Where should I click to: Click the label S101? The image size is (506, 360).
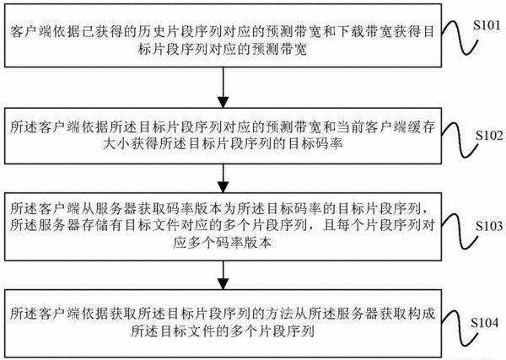(x=487, y=25)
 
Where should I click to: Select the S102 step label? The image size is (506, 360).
(x=489, y=136)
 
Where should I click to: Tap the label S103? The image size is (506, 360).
(x=489, y=226)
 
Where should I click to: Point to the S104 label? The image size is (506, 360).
(x=484, y=322)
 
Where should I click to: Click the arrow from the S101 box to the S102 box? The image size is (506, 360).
(x=223, y=88)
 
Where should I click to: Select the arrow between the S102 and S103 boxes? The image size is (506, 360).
(x=223, y=179)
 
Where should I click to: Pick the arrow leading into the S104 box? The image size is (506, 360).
(x=223, y=275)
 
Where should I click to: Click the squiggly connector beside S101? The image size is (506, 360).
(x=460, y=38)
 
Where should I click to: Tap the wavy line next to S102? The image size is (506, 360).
(x=460, y=140)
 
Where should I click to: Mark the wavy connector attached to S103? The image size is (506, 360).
(x=460, y=231)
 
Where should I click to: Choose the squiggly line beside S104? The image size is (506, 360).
(x=460, y=328)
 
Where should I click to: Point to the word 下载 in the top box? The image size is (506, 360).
(x=351, y=31)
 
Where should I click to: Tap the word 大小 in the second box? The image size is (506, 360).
(x=117, y=144)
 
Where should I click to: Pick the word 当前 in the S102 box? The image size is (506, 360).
(x=351, y=127)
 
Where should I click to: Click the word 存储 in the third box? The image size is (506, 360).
(x=95, y=225)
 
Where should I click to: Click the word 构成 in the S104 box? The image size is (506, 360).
(x=421, y=314)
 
